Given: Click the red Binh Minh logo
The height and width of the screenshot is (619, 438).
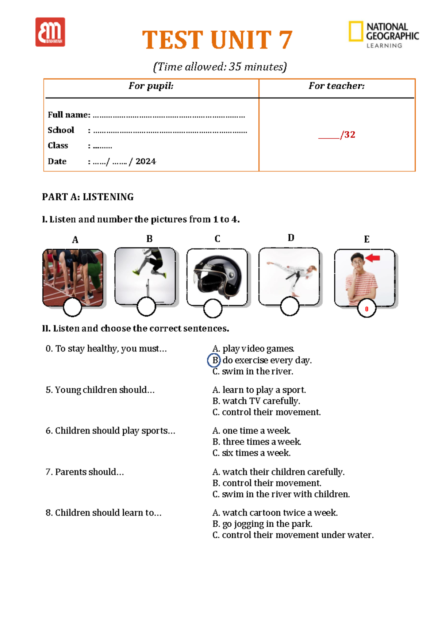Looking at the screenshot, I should click(x=50, y=32).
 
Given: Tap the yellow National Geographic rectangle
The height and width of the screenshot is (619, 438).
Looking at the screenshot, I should click(x=356, y=31).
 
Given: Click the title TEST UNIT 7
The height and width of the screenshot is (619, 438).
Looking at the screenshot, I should click(x=217, y=40).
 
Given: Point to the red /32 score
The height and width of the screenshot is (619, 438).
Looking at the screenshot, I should click(x=347, y=135).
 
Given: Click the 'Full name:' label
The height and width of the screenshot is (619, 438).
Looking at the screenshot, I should click(x=69, y=115).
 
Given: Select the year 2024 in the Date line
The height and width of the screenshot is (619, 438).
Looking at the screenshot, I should click(x=146, y=161).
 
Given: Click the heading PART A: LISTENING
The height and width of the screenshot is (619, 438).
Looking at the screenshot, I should click(x=88, y=197).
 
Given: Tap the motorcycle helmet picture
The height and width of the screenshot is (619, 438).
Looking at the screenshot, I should click(x=218, y=276).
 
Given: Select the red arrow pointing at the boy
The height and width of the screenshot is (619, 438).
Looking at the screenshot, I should click(x=373, y=258).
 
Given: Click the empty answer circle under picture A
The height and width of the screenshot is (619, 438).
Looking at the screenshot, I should click(x=72, y=307).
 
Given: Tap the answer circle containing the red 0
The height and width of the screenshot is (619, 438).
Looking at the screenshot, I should click(x=366, y=309).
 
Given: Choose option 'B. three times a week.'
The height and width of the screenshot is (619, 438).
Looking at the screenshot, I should click(x=257, y=442).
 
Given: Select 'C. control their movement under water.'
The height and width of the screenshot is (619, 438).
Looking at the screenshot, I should click(x=293, y=535).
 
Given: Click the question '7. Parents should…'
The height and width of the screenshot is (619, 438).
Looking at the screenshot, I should click(x=85, y=472).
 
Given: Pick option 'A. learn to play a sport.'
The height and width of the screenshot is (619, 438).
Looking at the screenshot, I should click(x=259, y=390).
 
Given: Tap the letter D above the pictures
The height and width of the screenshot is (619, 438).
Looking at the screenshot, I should click(x=291, y=238).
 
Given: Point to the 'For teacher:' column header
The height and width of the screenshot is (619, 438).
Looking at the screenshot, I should click(x=337, y=86).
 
